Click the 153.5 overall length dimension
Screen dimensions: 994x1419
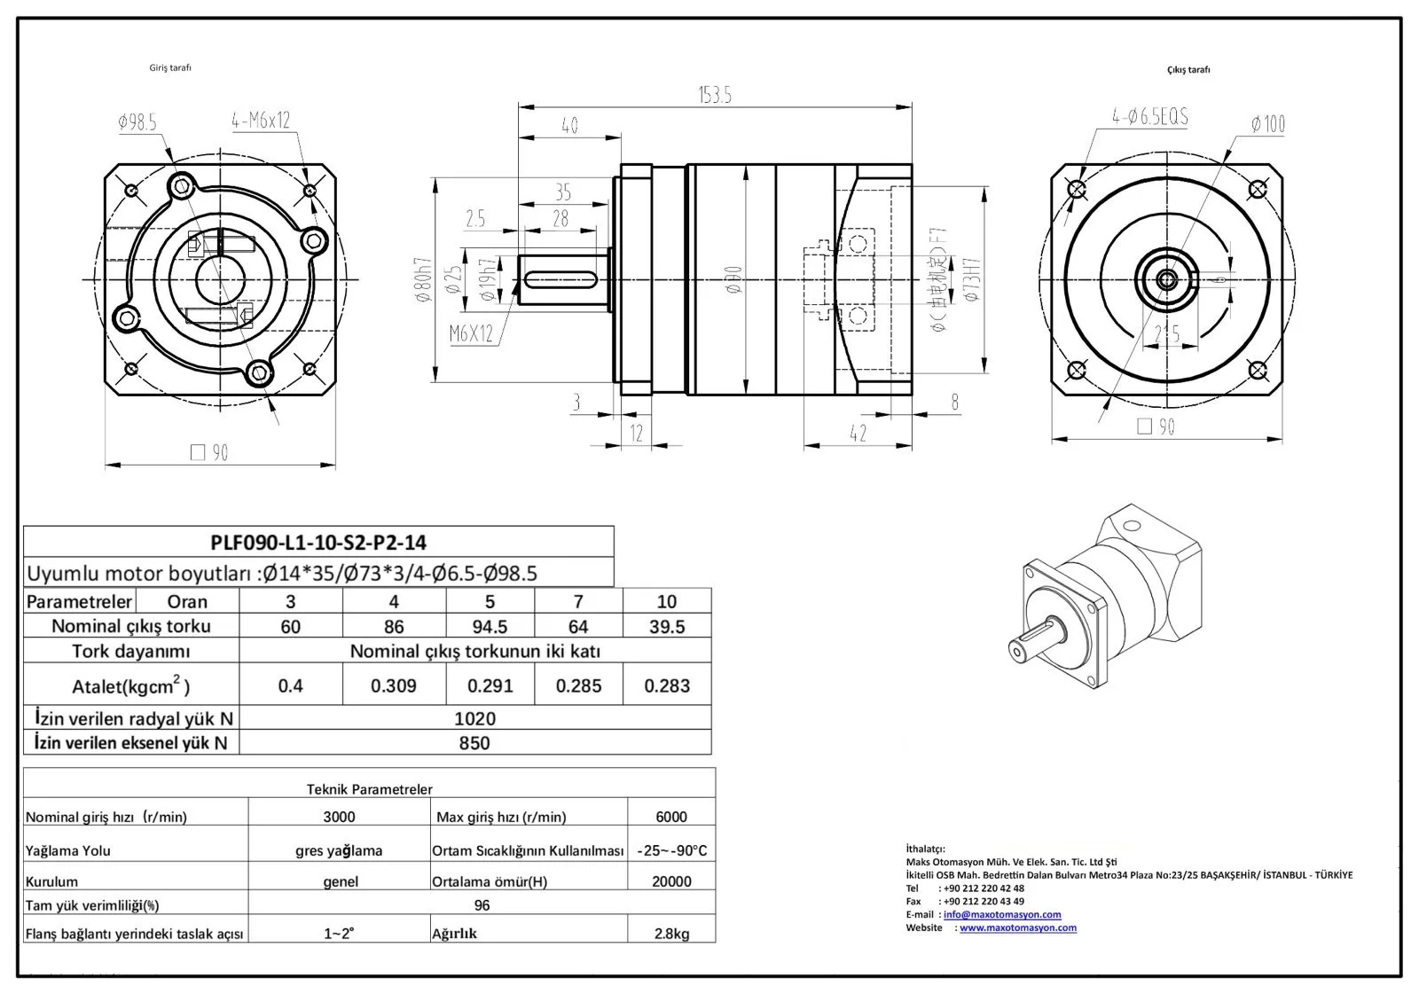(x=714, y=95)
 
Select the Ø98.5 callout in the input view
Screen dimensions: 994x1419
(x=137, y=122)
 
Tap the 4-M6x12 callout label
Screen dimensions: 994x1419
(x=261, y=120)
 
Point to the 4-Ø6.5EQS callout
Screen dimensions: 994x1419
(x=1150, y=116)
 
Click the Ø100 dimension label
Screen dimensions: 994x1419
(x=1267, y=124)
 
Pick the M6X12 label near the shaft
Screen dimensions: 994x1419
(x=470, y=333)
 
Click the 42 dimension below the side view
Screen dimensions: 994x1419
(x=857, y=434)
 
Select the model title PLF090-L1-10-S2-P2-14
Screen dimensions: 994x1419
(x=318, y=542)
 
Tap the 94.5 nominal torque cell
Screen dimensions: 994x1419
(x=490, y=626)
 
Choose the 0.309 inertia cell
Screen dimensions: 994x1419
(x=394, y=685)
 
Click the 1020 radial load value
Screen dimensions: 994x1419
(x=474, y=718)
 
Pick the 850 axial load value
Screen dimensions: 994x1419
(x=474, y=743)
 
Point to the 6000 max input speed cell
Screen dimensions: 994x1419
(x=671, y=817)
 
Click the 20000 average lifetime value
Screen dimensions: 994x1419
(x=671, y=881)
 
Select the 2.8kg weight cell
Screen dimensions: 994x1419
(x=671, y=933)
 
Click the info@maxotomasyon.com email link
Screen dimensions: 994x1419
(x=1002, y=914)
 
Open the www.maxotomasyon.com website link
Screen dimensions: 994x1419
(x=1018, y=927)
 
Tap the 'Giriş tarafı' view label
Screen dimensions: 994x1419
(x=170, y=67)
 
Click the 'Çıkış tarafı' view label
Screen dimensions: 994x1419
(x=1188, y=69)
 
